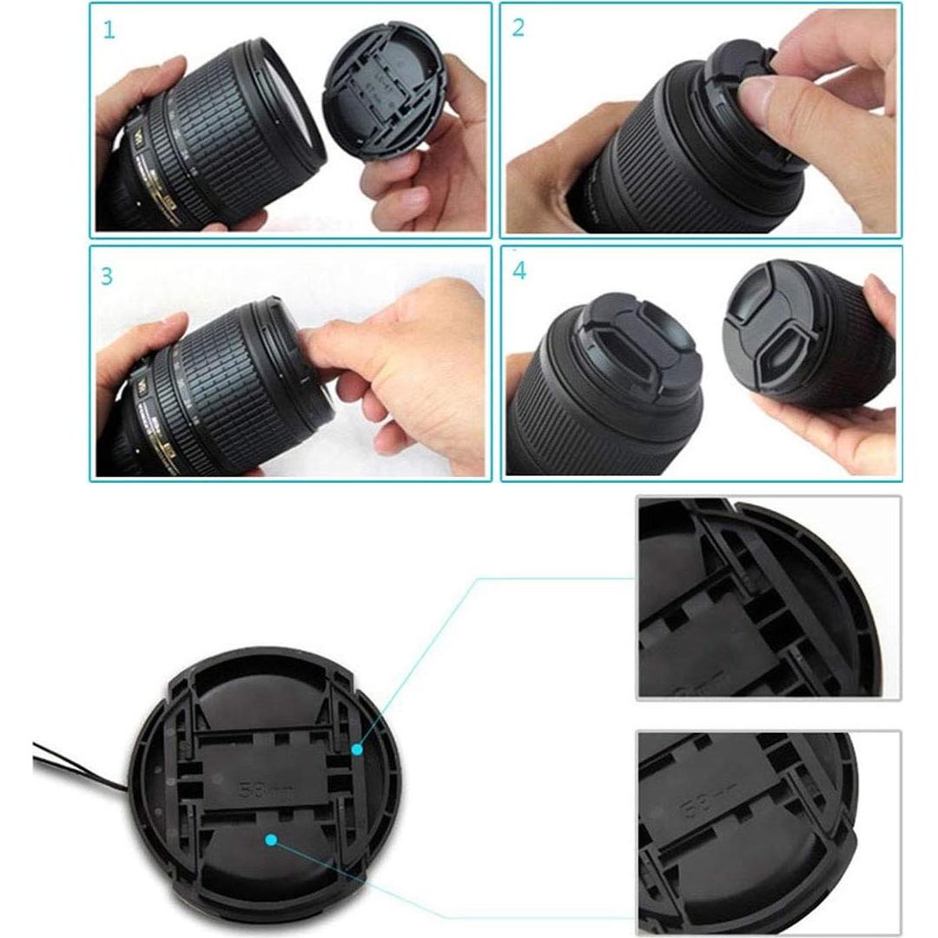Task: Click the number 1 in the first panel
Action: (x=109, y=31)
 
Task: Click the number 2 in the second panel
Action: (x=519, y=28)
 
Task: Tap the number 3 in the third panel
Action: (x=107, y=276)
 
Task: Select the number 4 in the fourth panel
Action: (x=519, y=271)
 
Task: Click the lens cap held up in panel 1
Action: (x=383, y=91)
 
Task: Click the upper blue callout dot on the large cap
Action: (x=356, y=748)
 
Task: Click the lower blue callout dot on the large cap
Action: (x=271, y=840)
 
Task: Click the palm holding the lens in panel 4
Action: (x=834, y=426)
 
